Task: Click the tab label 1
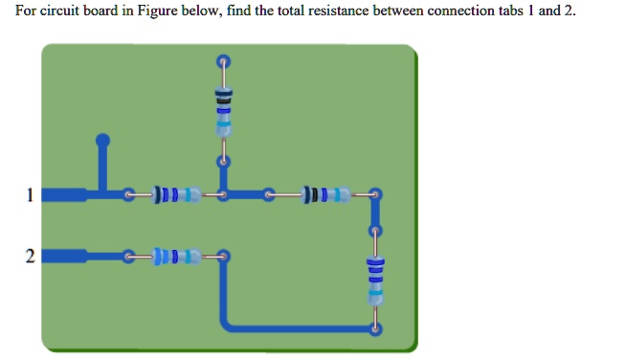tap(30, 196)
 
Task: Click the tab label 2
tap(30, 256)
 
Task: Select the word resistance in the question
tap(315, 11)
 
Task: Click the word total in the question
tap(268, 11)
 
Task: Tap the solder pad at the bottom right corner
tap(375, 328)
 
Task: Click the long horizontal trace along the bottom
tap(297, 328)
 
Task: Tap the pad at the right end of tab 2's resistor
tap(223, 256)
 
